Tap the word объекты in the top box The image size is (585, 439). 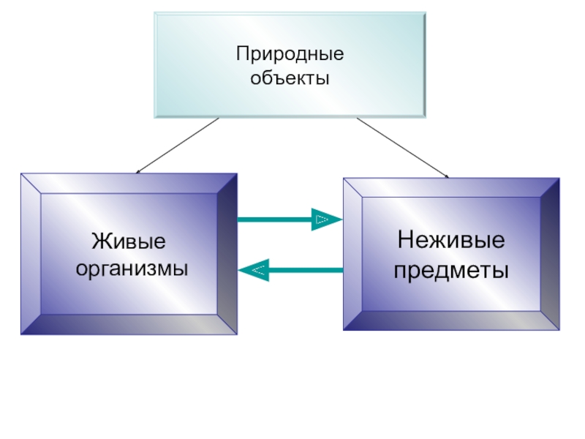tap(290, 78)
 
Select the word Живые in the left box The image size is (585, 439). tap(129, 242)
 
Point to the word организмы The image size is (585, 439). tap(132, 268)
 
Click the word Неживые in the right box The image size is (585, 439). tap(451, 241)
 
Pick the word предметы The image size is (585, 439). tap(451, 271)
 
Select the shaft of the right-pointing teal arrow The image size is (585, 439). tap(274, 219)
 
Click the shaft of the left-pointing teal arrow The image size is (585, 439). tap(307, 271)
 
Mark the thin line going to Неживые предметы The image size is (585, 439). tap(402, 146)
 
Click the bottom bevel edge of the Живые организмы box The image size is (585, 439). tap(129, 325)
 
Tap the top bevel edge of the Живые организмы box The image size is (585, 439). tap(129, 183)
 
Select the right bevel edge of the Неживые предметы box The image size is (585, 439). tap(550, 253)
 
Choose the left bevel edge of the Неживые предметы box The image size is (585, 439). tap(352, 253)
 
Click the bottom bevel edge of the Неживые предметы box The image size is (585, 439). tap(451, 320)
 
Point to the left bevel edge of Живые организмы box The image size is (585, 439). tap(31, 253)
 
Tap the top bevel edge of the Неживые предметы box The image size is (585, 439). tap(451, 187)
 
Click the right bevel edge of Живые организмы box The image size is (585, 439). tap(227, 253)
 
